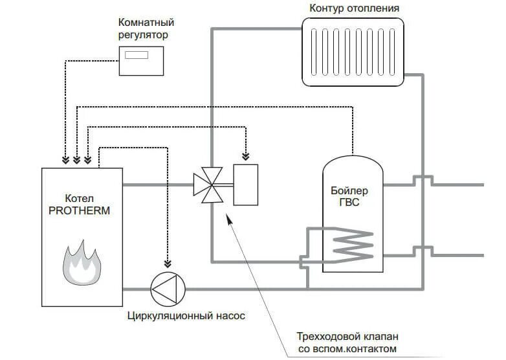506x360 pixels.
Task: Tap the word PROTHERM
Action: pos(82,210)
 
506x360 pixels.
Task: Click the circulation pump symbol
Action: pos(168,289)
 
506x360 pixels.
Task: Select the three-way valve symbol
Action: pos(210,185)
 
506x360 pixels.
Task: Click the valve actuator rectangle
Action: pos(246,185)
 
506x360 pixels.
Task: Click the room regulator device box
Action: pos(140,60)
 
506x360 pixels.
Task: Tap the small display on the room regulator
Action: pos(137,55)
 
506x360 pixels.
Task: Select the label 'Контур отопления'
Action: pos(353,8)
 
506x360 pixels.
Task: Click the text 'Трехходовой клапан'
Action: pos(347,337)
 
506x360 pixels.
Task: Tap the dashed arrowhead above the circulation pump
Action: pos(168,264)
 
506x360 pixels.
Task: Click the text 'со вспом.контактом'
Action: pos(347,350)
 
